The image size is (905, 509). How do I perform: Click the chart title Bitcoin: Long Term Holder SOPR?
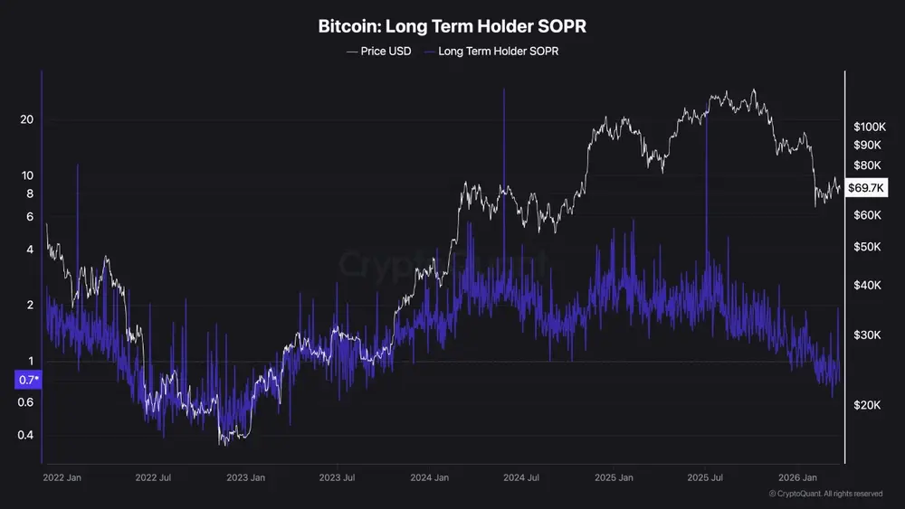click(x=452, y=26)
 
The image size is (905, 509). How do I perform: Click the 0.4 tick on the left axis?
click(x=25, y=436)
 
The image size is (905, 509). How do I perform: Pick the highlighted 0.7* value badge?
click(x=27, y=381)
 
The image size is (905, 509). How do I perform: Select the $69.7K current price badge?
click(x=872, y=188)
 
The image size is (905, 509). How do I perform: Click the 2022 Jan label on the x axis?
click(x=63, y=476)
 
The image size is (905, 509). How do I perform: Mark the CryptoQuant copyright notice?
click(x=825, y=494)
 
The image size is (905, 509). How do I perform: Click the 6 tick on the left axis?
click(x=30, y=217)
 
